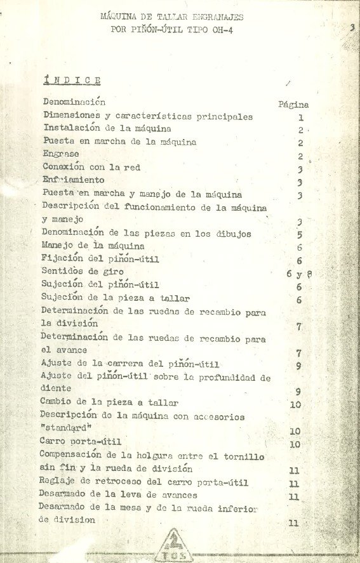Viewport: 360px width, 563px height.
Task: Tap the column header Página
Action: (293, 105)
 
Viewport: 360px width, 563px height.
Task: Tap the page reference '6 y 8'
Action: (299, 274)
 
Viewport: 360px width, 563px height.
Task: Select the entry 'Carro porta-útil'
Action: (80, 442)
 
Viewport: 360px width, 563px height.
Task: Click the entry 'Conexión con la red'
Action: (91, 168)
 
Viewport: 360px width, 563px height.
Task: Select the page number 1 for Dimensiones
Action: (300, 118)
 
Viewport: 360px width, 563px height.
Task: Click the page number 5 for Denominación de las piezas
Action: (299, 234)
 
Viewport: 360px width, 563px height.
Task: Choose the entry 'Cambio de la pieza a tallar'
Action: (109, 402)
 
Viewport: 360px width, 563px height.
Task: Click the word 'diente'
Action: (55, 390)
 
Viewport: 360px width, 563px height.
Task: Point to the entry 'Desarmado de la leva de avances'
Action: (117, 495)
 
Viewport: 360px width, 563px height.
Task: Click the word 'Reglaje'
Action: (59, 482)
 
